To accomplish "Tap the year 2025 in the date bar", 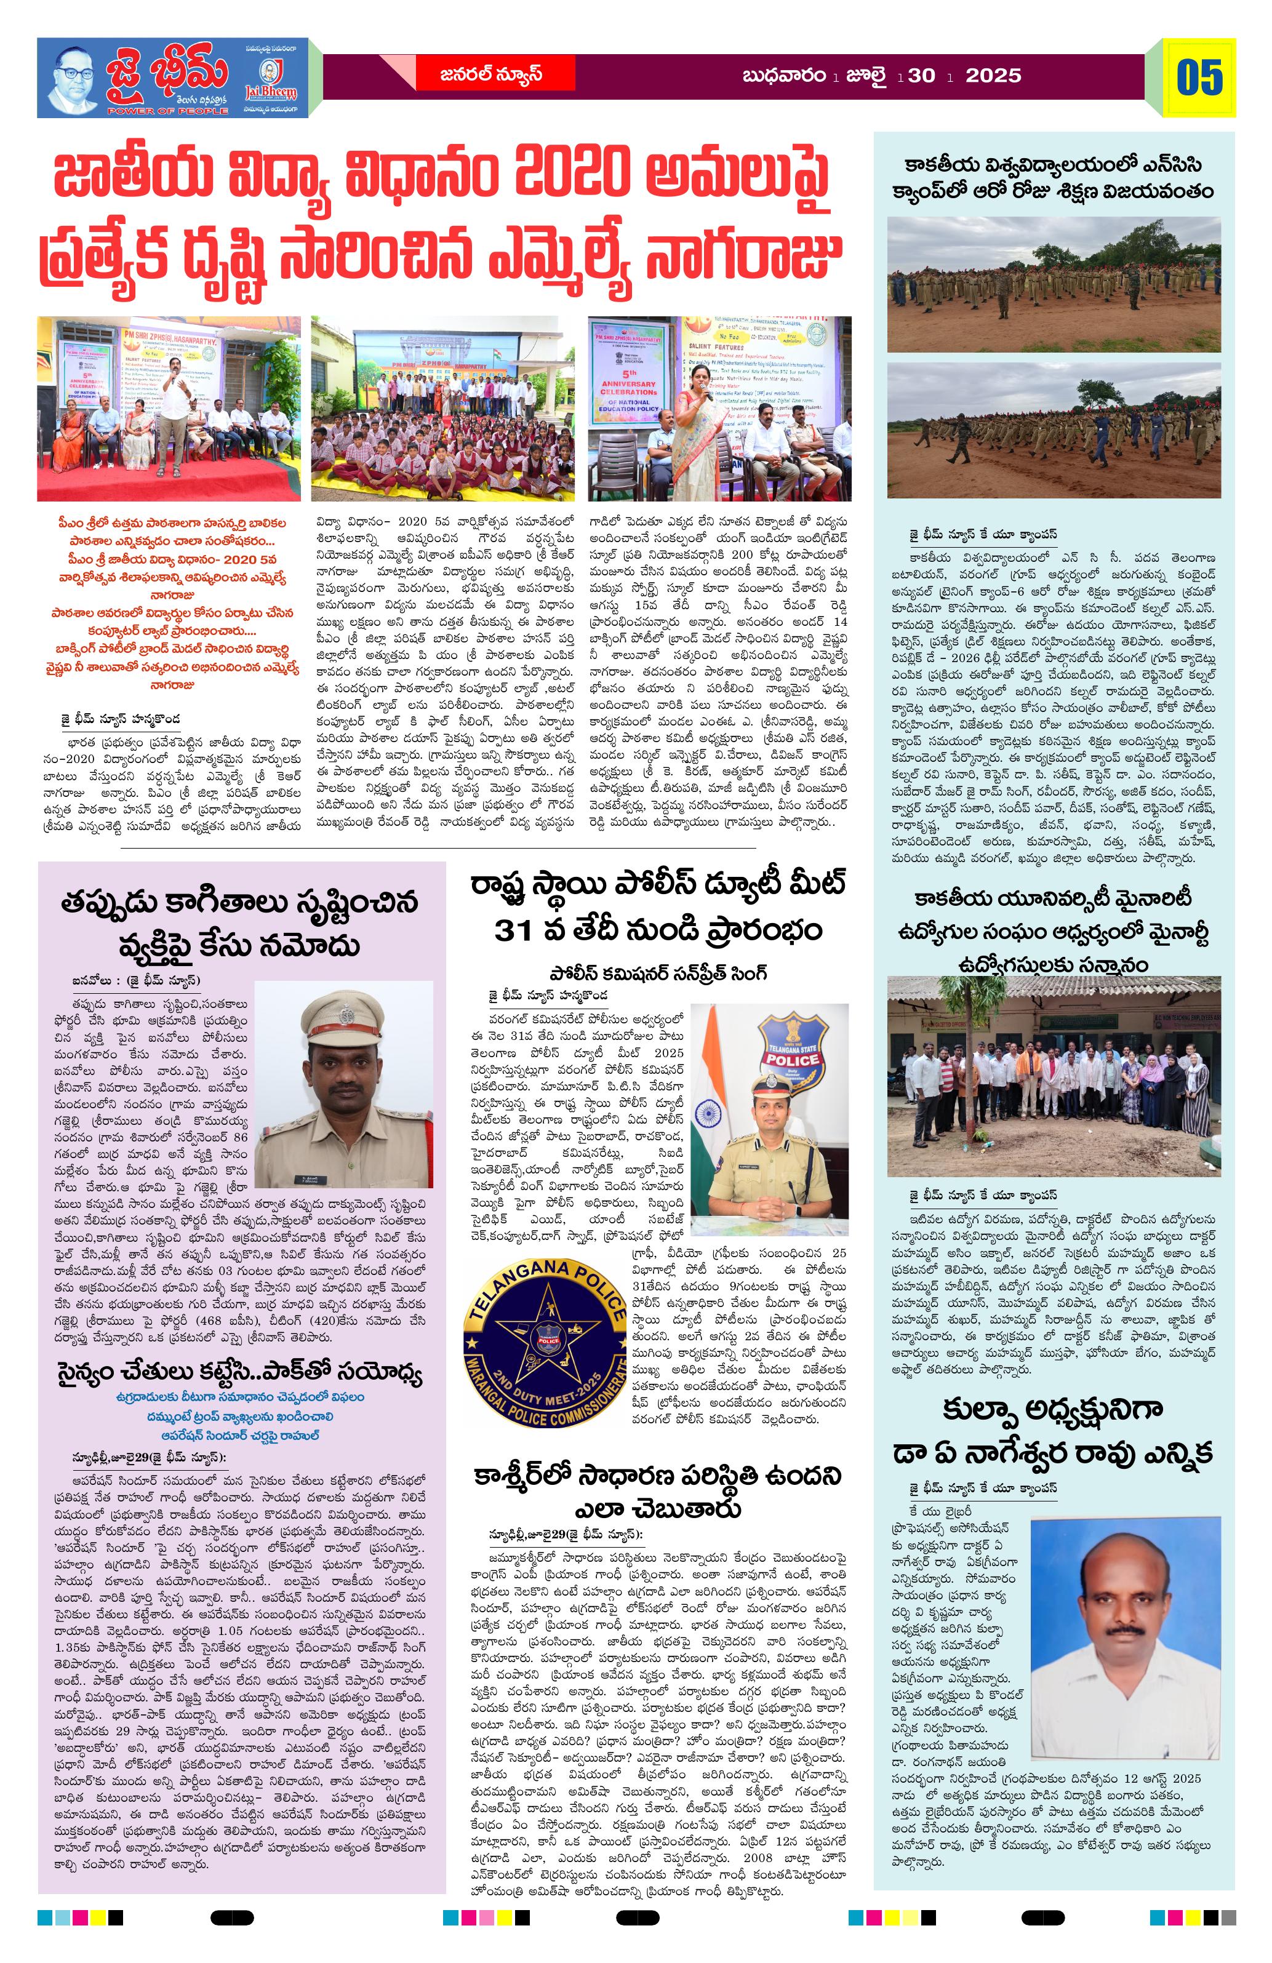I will [x=993, y=76].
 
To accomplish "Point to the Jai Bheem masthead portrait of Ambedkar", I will [x=73, y=80].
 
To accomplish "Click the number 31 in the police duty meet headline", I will [x=516, y=930].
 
